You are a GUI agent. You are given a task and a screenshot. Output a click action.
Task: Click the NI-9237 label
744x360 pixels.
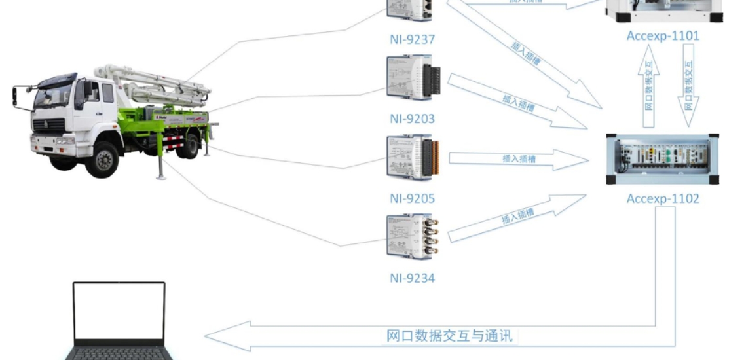(412, 39)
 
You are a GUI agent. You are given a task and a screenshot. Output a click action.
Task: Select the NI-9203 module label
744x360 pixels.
(412, 119)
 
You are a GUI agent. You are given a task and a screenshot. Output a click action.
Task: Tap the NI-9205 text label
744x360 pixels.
(412, 198)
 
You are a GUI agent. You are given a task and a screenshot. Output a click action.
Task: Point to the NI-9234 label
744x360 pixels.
(412, 278)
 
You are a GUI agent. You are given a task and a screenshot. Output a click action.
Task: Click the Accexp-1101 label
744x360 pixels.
(663, 36)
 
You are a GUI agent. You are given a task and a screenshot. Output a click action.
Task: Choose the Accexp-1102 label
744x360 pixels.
(663, 198)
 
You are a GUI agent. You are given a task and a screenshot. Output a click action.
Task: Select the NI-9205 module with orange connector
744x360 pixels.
(412, 158)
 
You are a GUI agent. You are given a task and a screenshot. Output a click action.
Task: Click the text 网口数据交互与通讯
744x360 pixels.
(449, 336)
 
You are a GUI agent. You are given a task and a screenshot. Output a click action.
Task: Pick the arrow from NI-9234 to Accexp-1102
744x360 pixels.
(517, 216)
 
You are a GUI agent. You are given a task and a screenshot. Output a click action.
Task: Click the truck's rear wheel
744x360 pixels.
(188, 145)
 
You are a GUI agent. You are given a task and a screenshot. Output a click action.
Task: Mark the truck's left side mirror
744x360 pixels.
(15, 97)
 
